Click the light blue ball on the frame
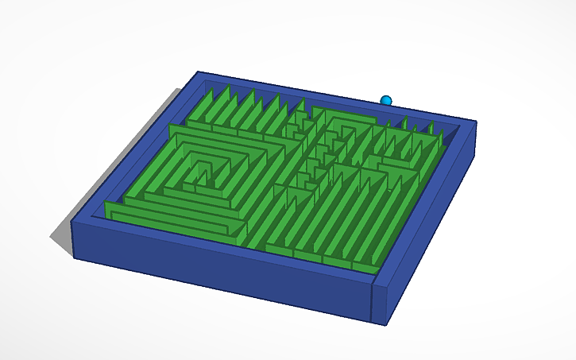click(x=386, y=100)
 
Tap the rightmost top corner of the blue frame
click(x=476, y=122)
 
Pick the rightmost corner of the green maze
click(x=442, y=136)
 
